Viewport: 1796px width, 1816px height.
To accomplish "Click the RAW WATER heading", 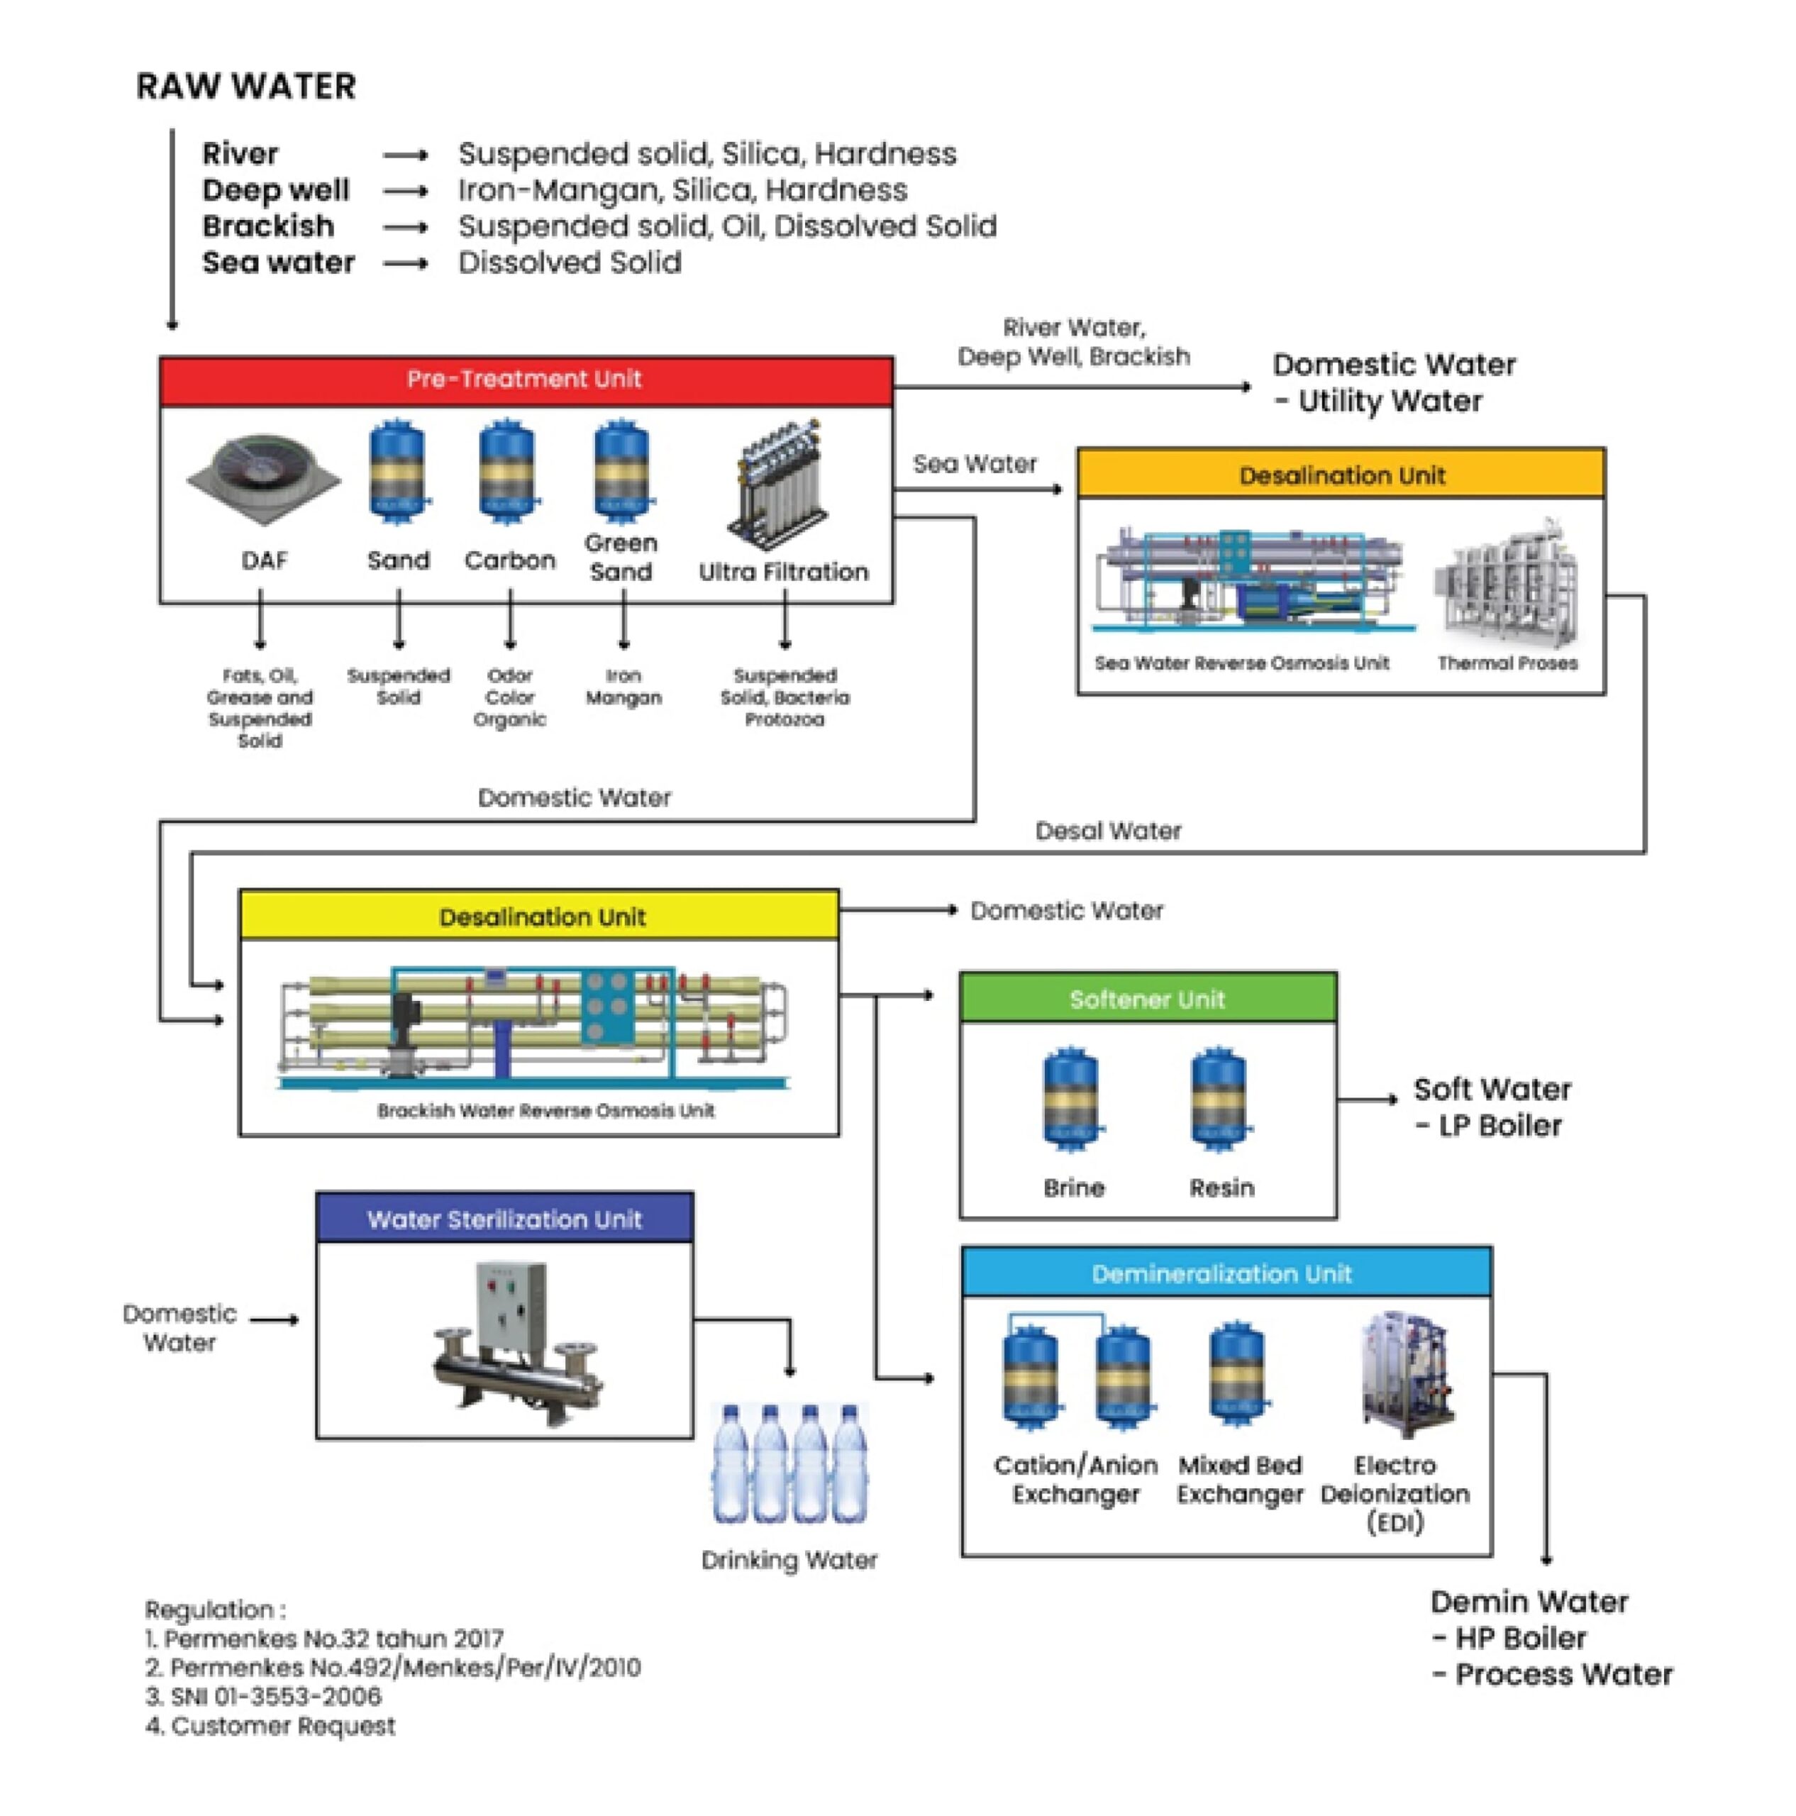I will pyautogui.click(x=246, y=87).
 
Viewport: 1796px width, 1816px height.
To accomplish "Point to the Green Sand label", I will pyautogui.click(x=621, y=558).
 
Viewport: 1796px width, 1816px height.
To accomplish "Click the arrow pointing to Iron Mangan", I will pyautogui.click(x=623, y=621).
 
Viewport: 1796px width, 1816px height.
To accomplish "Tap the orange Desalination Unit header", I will pyautogui.click(x=1341, y=475).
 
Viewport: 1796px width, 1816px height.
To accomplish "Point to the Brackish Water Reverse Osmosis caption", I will pyautogui.click(x=545, y=1111).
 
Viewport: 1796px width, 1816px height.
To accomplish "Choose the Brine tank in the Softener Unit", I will pyautogui.click(x=1071, y=1099).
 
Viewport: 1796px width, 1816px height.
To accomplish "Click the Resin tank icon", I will pyautogui.click(x=1220, y=1099).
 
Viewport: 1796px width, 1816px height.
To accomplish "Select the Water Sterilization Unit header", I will pyautogui.click(x=505, y=1219).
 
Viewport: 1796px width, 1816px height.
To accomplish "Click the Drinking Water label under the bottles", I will pyautogui.click(x=789, y=1561).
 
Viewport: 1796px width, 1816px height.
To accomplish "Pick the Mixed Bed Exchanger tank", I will pyautogui.click(x=1238, y=1373).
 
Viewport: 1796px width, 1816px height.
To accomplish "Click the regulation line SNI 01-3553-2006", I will pyautogui.click(x=264, y=1695).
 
